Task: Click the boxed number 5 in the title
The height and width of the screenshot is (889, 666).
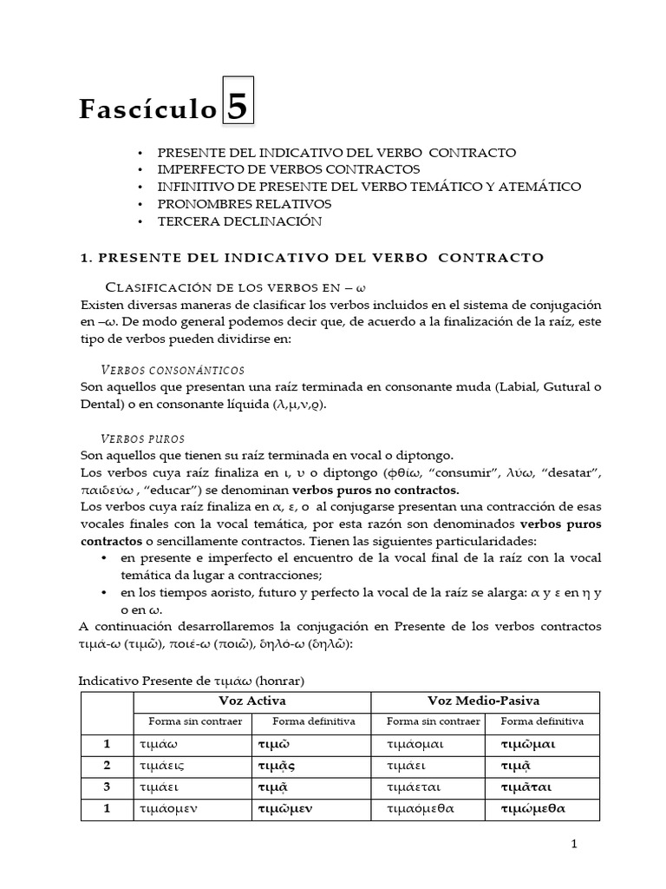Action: click(238, 107)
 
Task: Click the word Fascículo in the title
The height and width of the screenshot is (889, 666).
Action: click(147, 109)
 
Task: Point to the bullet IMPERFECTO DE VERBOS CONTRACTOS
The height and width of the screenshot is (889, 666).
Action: click(289, 169)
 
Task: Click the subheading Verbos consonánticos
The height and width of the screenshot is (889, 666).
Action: click(173, 370)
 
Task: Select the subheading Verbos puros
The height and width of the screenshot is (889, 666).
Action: click(143, 438)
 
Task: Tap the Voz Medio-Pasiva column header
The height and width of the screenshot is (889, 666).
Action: click(485, 701)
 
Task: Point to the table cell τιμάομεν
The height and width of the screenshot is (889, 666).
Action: click(168, 808)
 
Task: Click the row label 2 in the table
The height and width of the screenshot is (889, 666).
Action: click(107, 766)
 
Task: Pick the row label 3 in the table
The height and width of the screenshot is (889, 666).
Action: click(107, 787)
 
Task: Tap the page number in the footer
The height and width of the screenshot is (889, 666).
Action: click(573, 844)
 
